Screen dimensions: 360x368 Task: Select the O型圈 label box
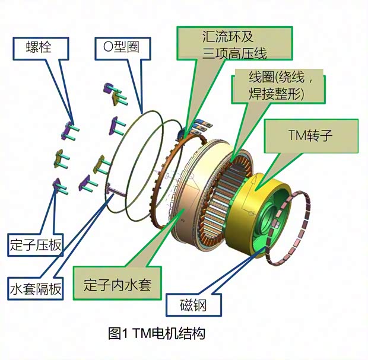(120, 47)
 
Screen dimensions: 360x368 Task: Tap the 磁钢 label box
(193, 305)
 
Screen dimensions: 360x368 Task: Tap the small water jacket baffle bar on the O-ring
(116, 192)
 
